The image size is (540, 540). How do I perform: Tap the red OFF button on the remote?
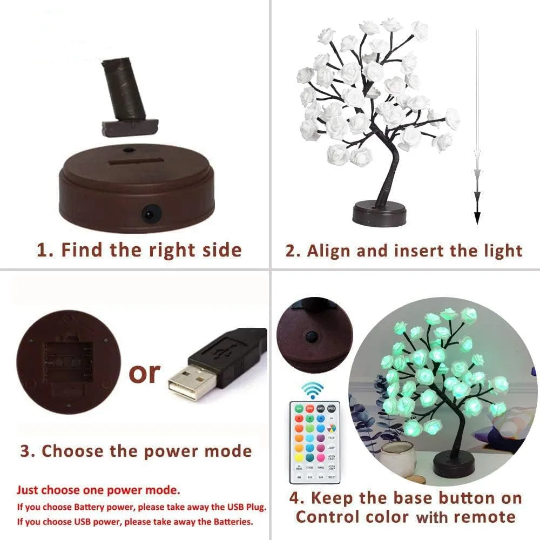point(309,409)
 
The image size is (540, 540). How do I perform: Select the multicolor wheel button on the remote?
point(332,428)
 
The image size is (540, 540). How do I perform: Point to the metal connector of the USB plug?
point(188,384)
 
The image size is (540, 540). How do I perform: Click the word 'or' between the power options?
point(144,372)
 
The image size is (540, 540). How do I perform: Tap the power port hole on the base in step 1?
point(148,215)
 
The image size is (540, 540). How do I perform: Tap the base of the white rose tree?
point(379,213)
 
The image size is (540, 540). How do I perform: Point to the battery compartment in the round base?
point(64,360)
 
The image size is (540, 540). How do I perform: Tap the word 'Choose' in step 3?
point(73,451)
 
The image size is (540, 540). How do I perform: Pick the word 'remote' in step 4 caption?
point(484,517)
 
